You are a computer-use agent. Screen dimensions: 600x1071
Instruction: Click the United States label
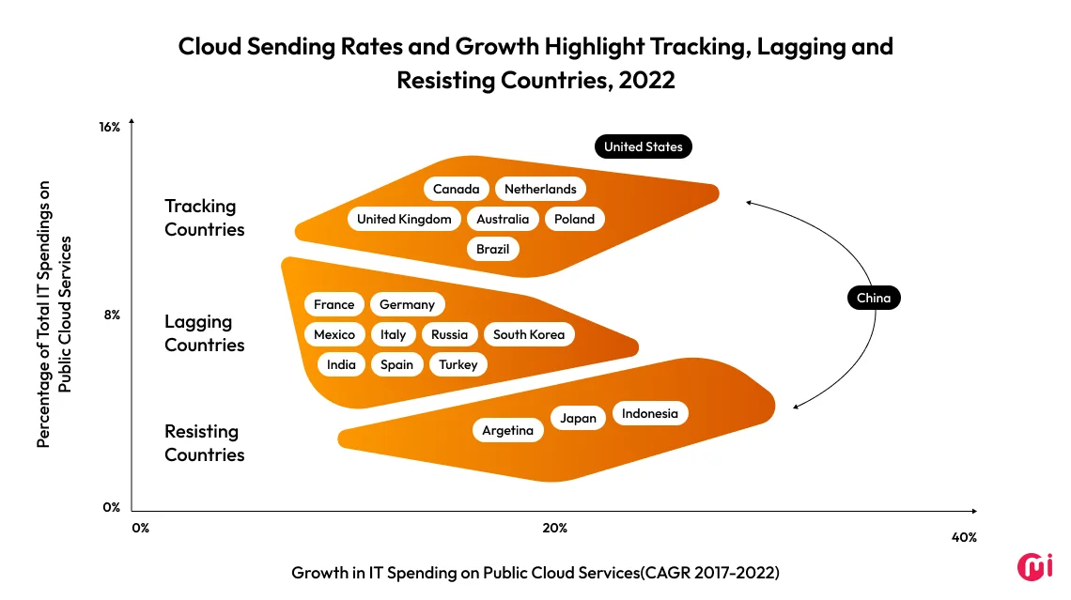pyautogui.click(x=644, y=146)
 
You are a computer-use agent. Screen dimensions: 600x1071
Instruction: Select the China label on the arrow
pyautogui.click(x=873, y=299)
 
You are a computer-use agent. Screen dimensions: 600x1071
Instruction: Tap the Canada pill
pyautogui.click(x=456, y=189)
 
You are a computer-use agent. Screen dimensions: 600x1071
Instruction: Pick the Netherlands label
pyautogui.click(x=540, y=189)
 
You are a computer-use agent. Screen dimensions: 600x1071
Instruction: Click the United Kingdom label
pyautogui.click(x=404, y=219)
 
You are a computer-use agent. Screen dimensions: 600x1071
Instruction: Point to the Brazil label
pyautogui.click(x=492, y=249)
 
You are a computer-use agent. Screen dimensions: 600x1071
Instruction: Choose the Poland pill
pyautogui.click(x=574, y=219)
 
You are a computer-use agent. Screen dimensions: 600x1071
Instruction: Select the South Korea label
pyautogui.click(x=529, y=334)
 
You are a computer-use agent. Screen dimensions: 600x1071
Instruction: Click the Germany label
pyautogui.click(x=407, y=304)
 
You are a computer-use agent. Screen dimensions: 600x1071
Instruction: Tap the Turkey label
pyautogui.click(x=458, y=364)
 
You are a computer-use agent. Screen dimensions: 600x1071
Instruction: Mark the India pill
pyautogui.click(x=341, y=364)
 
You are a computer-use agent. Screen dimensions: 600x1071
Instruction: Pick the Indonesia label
pyautogui.click(x=649, y=413)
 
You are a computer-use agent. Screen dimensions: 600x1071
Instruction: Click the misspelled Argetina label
pyautogui.click(x=507, y=430)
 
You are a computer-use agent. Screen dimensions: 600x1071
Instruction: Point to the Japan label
pyautogui.click(x=579, y=419)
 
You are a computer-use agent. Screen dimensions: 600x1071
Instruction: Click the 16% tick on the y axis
pyautogui.click(x=109, y=127)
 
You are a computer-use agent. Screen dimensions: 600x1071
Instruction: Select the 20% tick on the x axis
pyautogui.click(x=554, y=528)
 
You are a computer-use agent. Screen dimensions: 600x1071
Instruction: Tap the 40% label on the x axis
pyautogui.click(x=964, y=537)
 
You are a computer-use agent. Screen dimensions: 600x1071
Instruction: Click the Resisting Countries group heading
pyautogui.click(x=204, y=443)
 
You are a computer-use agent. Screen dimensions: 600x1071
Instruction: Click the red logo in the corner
pyautogui.click(x=1035, y=566)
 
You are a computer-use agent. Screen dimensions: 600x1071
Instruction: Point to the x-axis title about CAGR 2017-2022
pyautogui.click(x=535, y=572)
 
